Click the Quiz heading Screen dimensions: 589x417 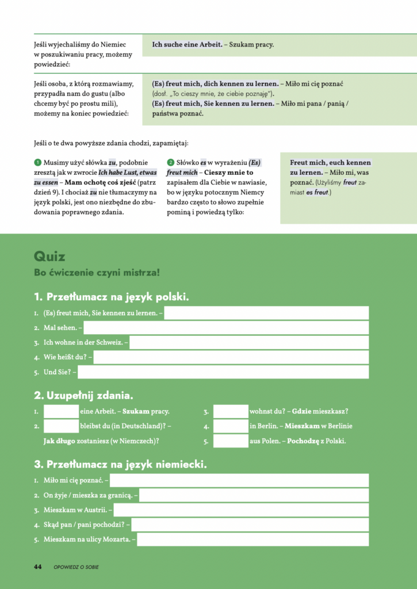(x=49, y=257)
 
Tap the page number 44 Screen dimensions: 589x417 (x=38, y=567)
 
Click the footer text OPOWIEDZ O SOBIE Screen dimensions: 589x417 (x=76, y=567)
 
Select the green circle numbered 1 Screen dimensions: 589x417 (x=37, y=163)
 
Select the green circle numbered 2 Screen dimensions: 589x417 (x=170, y=163)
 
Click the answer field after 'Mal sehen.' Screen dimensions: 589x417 (x=227, y=328)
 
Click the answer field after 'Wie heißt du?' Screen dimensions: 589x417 (x=231, y=357)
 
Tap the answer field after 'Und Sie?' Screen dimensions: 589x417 (x=223, y=372)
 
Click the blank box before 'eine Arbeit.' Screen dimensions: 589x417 (x=61, y=411)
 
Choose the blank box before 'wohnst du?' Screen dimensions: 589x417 (x=230, y=411)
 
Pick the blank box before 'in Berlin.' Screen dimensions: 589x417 (x=230, y=426)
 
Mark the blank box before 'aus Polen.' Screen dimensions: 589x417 (x=230, y=441)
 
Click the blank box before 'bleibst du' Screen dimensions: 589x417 (x=61, y=426)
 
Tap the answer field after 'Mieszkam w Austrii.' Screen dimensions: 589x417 (x=241, y=510)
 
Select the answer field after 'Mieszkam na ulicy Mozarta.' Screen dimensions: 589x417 (x=253, y=540)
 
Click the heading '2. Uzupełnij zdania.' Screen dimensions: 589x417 (x=83, y=396)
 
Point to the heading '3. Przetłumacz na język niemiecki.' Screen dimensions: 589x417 (x=120, y=464)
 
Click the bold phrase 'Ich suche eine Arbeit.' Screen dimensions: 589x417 (x=187, y=44)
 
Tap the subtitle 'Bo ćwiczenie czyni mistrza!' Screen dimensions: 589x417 (x=97, y=273)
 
